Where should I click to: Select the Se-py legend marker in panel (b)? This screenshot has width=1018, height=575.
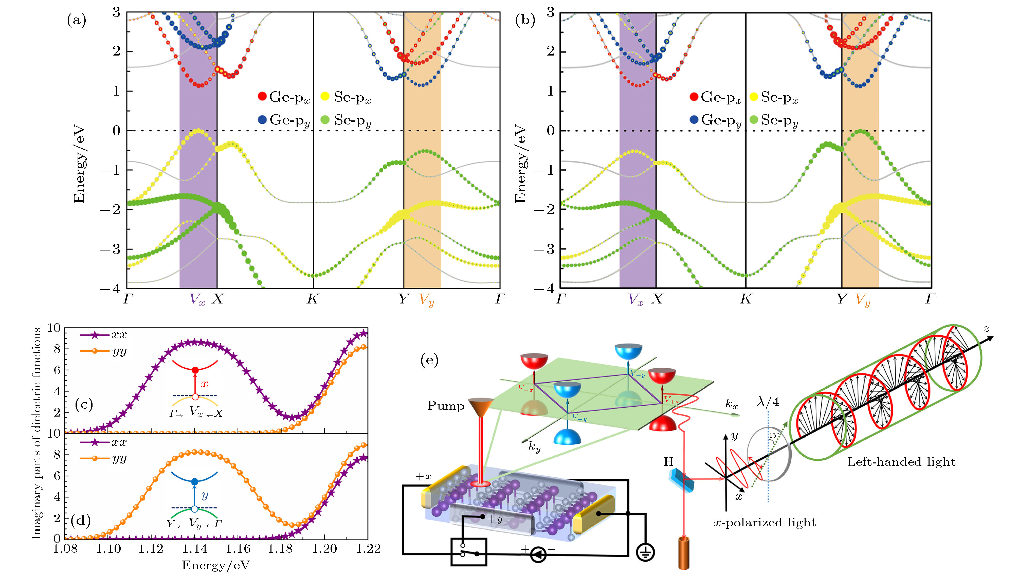tap(754, 119)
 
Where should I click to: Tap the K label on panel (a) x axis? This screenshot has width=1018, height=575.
tap(312, 299)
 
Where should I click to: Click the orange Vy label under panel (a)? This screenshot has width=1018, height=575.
tap(426, 300)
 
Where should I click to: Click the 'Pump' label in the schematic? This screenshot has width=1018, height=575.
tap(446, 406)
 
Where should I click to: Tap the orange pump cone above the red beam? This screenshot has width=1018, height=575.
tap(481, 407)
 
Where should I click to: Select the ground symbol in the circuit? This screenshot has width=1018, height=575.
tap(645, 552)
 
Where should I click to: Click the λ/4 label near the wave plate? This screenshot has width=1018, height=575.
tap(768, 402)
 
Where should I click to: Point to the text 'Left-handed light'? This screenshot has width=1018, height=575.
tap(901, 462)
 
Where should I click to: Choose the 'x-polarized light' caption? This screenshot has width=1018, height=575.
tap(765, 523)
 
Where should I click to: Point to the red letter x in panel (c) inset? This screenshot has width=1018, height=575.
tap(204, 383)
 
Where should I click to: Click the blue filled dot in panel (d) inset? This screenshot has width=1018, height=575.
tap(194, 482)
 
